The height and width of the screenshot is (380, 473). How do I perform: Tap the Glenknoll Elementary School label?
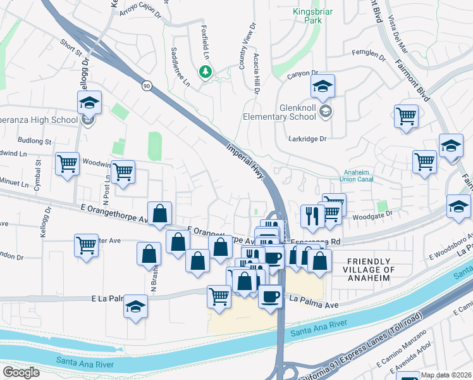tap(280, 112)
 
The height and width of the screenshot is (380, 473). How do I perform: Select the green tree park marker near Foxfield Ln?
tap(205, 72)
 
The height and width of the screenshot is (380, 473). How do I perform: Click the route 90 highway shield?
tap(147, 85)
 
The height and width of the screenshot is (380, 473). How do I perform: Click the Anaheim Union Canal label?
tap(360, 175)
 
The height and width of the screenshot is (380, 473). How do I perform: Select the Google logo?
tap(21, 372)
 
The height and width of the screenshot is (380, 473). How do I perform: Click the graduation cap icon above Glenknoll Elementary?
tap(322, 87)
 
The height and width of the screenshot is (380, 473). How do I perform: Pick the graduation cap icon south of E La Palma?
tap(135, 307)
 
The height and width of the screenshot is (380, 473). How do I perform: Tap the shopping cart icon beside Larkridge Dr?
tap(406, 116)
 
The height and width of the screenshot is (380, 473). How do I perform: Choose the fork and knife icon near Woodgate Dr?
tap(312, 217)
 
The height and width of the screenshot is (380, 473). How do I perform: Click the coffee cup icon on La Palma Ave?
tap(270, 296)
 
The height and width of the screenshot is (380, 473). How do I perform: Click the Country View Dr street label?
tap(243, 56)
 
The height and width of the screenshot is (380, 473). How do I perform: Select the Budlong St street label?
tap(34, 141)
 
